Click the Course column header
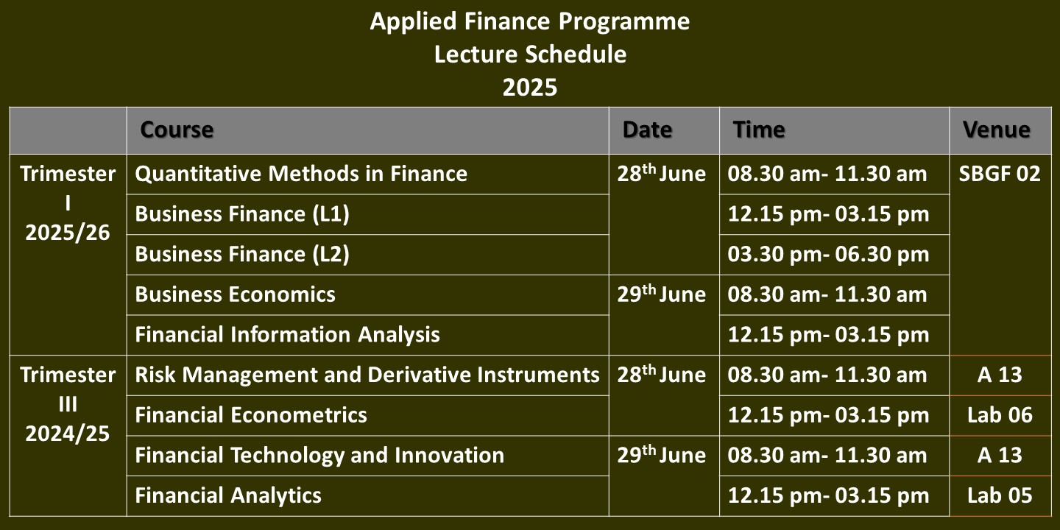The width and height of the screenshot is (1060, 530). pos(177,130)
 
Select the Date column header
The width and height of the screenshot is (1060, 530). pos(647,130)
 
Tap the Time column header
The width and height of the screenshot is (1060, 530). pos(758,130)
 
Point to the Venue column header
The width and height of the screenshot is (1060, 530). pos(996,130)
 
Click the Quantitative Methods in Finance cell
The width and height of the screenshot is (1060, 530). pos(301,174)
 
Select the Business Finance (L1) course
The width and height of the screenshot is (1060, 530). pos(241,214)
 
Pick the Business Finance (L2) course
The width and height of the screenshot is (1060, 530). pos(241,254)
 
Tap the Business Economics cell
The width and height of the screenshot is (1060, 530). pos(236,294)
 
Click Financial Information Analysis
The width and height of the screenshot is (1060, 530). pos(287,334)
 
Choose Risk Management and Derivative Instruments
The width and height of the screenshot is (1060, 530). pos(367,375)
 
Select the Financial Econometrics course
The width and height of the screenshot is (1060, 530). pos(251,415)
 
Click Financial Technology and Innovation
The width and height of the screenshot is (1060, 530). pos(319,455)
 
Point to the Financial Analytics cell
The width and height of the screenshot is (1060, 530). pos(228,495)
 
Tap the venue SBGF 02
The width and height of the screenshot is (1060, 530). pos(1000,174)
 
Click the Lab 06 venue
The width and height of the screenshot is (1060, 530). pos(1000,415)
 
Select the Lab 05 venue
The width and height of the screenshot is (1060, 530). pos(1000,495)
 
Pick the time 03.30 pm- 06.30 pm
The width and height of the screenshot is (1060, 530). pos(828,254)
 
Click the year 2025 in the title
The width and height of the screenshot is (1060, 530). pos(530,87)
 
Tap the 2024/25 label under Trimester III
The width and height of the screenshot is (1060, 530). pos(67,434)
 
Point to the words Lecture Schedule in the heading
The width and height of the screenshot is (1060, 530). pos(530,54)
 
